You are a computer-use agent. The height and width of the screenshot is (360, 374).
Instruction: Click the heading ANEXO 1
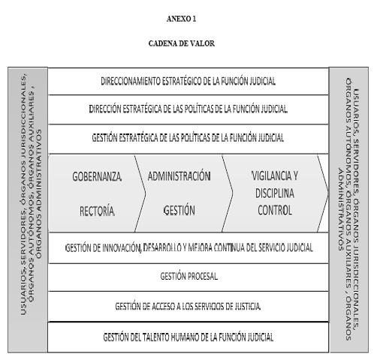(181, 19)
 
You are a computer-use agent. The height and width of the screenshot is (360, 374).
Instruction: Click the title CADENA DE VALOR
(182, 43)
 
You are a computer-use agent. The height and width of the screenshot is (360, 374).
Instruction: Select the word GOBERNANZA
(97, 177)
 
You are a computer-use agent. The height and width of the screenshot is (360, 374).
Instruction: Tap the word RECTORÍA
(97, 211)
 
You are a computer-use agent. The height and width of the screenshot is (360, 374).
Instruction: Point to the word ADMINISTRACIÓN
(179, 176)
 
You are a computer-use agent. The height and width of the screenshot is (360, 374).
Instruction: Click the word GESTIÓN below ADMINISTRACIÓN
(179, 210)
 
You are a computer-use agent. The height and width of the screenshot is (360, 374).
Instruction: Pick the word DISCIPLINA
(275, 193)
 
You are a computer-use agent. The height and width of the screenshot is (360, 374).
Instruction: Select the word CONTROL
(275, 210)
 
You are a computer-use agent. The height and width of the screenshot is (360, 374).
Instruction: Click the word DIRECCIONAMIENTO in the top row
(130, 81)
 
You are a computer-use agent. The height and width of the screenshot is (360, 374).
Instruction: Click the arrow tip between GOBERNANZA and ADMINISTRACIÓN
(145, 193)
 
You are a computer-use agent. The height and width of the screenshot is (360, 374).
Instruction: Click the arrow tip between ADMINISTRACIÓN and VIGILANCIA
(233, 193)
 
